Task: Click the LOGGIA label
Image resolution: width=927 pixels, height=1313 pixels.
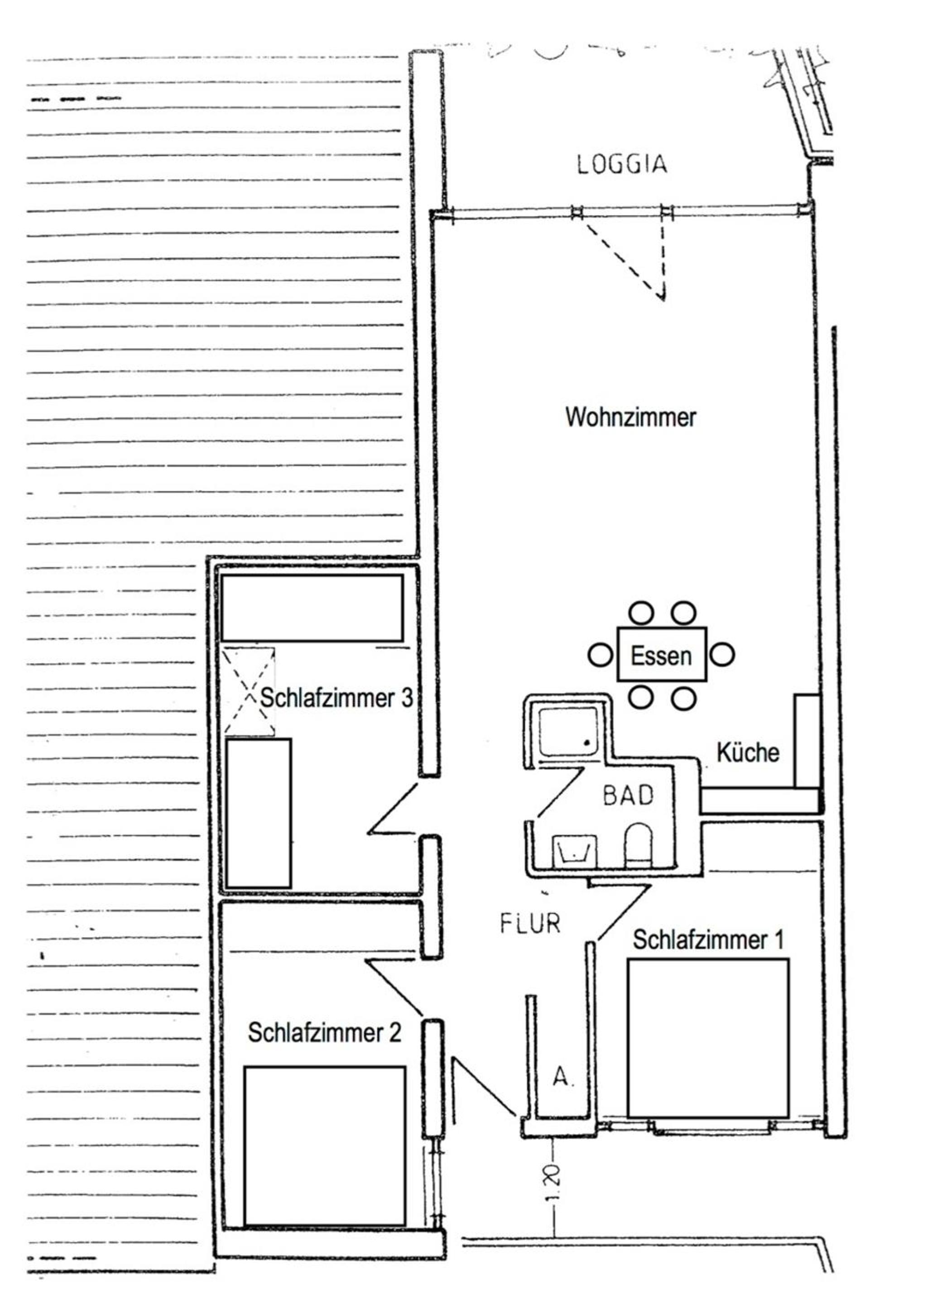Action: pos(622,164)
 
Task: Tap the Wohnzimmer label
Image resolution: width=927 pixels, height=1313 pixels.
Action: pos(630,417)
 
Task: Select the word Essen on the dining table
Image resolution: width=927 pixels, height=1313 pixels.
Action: pos(661,656)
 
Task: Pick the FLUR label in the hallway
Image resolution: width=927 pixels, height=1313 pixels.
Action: pos(530,924)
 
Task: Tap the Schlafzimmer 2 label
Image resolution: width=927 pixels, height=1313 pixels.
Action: pos(324,1032)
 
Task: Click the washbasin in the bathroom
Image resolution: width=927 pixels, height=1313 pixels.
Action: pos(575,851)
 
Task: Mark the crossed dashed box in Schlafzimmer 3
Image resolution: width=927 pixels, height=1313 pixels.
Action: pos(249,691)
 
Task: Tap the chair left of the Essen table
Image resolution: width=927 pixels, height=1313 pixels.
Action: pos(600,655)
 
